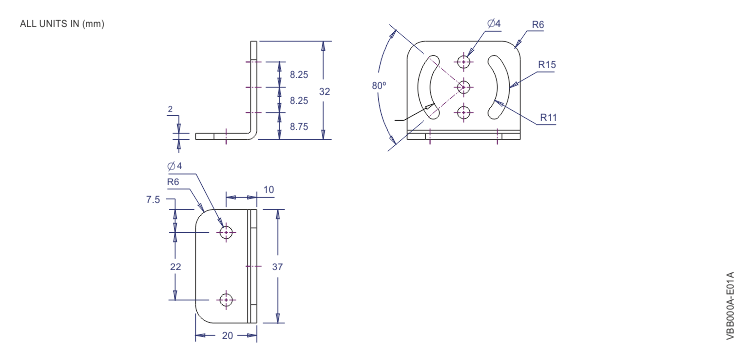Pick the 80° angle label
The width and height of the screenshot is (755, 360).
tap(378, 87)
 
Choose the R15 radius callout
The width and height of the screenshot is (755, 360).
tap(547, 65)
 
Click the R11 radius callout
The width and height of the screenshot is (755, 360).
tap(548, 117)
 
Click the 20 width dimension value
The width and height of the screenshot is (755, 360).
tap(227, 336)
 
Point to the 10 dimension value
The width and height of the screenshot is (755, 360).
tap(268, 190)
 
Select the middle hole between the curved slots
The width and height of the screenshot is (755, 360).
tap(464, 87)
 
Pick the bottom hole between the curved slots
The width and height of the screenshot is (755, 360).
tap(464, 113)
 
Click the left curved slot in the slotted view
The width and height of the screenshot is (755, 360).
tap(431, 88)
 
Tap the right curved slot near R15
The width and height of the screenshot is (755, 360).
tap(497, 87)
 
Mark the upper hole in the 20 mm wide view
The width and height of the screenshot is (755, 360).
tap(227, 232)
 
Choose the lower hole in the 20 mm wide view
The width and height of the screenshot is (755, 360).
tap(227, 299)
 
